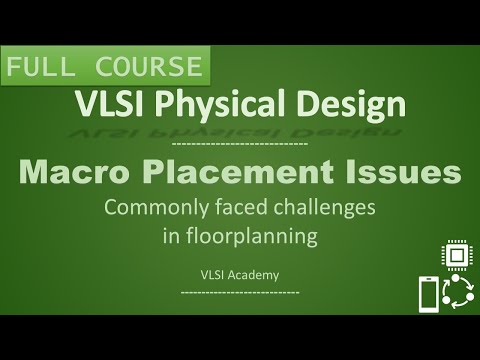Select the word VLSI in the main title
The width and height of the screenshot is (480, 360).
pos(107,103)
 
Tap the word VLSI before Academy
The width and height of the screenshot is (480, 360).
pos(212,272)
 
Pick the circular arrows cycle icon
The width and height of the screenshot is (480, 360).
pos(459,296)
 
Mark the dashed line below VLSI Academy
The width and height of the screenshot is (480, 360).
pos(240,290)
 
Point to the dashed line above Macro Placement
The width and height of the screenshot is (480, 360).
pos(240,144)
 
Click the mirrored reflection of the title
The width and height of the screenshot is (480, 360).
pos(240,128)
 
